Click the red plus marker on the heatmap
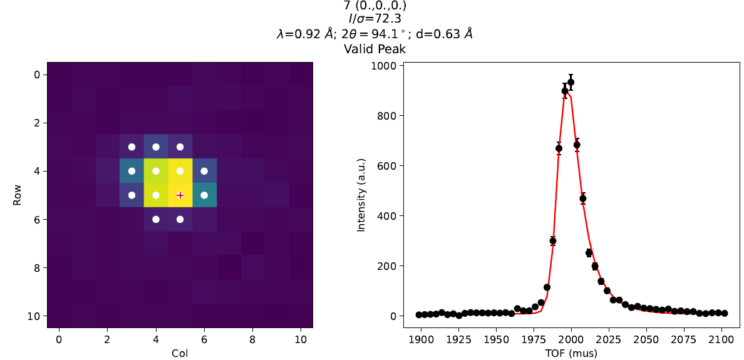(180, 195)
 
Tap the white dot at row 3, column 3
(132, 147)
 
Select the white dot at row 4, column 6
(204, 171)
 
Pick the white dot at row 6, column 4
(156, 219)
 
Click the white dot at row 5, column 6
(204, 195)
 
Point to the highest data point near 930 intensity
(571, 82)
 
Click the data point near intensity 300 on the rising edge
(552, 241)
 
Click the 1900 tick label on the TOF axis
(421, 339)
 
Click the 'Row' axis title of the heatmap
(17, 195)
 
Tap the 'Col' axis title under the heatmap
(180, 353)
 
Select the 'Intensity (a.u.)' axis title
(361, 195)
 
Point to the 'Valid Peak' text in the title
(375, 49)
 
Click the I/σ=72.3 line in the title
(375, 20)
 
